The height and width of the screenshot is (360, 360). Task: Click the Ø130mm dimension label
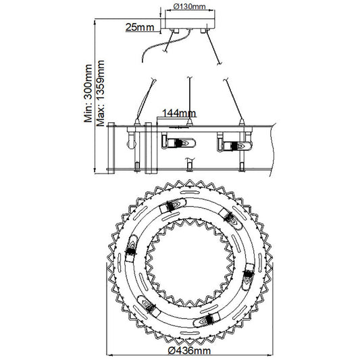point(189,7)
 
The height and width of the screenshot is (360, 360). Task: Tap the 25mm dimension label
point(140,27)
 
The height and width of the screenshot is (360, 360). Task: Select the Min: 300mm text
point(88,93)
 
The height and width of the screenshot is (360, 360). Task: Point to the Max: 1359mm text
point(101,93)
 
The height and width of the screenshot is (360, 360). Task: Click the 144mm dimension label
point(179,113)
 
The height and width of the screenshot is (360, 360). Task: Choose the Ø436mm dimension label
point(189,351)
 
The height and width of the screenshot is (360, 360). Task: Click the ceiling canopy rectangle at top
point(190,24)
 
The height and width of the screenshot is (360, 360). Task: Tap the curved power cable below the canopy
point(165,45)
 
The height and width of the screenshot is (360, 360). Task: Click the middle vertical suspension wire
point(189,99)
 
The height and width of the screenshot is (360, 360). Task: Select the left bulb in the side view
point(178,143)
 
